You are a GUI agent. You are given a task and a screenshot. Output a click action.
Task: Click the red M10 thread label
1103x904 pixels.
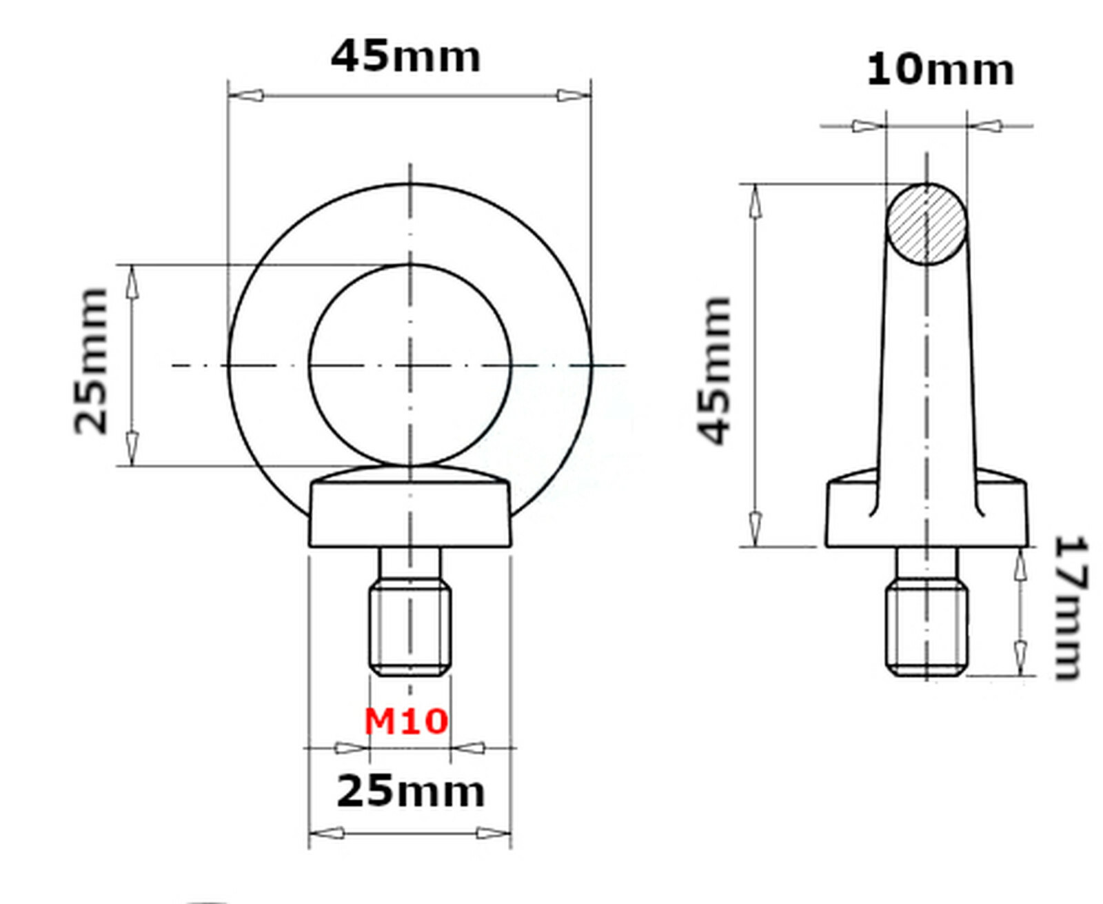[x=406, y=721]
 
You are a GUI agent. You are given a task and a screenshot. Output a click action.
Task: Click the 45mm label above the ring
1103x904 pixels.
[x=405, y=57]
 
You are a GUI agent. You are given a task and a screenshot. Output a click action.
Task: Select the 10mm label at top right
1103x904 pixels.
[x=940, y=70]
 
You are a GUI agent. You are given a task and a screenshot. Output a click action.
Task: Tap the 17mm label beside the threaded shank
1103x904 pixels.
[x=1071, y=607]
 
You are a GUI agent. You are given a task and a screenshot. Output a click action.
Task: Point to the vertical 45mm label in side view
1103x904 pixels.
[x=714, y=370]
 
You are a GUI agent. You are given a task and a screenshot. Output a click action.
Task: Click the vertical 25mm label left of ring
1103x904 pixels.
[x=92, y=361]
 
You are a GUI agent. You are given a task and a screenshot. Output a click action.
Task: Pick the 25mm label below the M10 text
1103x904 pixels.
[x=410, y=791]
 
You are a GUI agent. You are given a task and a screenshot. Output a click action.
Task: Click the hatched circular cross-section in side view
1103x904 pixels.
[x=926, y=224]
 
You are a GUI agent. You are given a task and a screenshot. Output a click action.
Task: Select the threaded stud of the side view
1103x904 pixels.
[x=927, y=627]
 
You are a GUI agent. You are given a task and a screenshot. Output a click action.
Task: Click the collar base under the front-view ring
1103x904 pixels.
[x=410, y=514]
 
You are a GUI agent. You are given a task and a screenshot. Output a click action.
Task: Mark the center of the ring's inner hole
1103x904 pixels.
[x=410, y=365]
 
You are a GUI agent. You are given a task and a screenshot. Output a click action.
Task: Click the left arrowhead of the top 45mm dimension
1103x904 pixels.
[x=246, y=95]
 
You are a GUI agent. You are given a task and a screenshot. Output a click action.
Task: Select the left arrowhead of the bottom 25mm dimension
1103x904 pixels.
[x=327, y=833]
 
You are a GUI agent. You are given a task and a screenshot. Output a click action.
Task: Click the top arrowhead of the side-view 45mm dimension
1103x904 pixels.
[x=756, y=201]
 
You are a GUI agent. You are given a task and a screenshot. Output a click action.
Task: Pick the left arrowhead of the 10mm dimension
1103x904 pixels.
[x=867, y=126]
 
